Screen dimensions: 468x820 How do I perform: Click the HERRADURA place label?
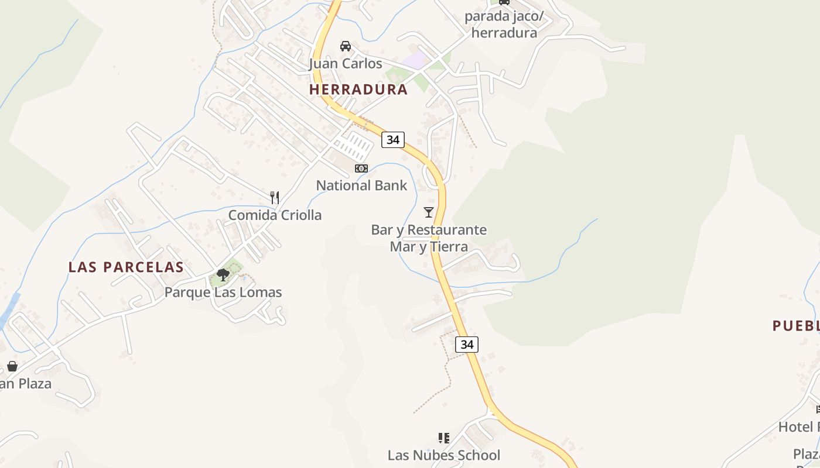tap(358, 90)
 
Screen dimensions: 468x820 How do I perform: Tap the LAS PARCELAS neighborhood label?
tap(126, 267)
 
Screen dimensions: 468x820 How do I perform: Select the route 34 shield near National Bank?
tap(393, 140)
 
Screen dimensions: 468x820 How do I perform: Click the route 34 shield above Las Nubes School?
tap(467, 345)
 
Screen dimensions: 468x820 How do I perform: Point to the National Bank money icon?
tap(361, 168)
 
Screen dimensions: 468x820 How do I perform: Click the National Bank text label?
tap(361, 185)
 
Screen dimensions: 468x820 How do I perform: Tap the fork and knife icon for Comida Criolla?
tap(275, 197)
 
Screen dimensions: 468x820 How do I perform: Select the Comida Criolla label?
tap(275, 215)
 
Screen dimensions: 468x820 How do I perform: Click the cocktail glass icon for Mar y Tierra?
tap(429, 212)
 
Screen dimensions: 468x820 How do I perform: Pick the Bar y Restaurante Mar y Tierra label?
tap(429, 238)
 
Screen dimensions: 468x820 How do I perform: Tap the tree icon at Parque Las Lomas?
tap(223, 274)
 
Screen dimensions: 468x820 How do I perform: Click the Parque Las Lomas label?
tap(223, 292)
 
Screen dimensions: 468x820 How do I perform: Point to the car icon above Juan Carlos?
tap(346, 46)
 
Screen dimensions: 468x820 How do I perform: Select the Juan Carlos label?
tap(346, 63)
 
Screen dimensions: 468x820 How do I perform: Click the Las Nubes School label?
tap(444, 455)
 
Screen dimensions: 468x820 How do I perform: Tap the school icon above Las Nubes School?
tap(444, 438)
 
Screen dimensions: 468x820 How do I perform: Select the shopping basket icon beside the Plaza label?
tap(12, 366)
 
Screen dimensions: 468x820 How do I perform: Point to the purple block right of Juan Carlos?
tap(416, 60)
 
